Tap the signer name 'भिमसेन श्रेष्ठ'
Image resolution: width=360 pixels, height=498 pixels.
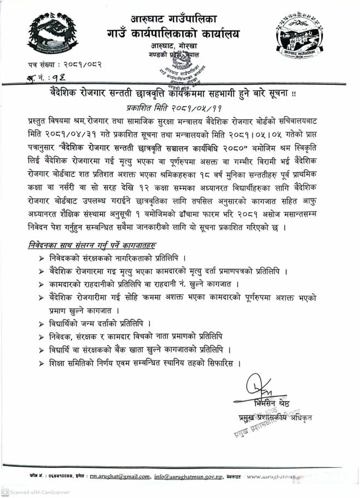pos(272,403)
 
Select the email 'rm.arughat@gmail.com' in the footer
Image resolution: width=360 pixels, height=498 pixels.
pos(120,476)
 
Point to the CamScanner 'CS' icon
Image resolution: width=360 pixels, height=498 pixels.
pos(5,492)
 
